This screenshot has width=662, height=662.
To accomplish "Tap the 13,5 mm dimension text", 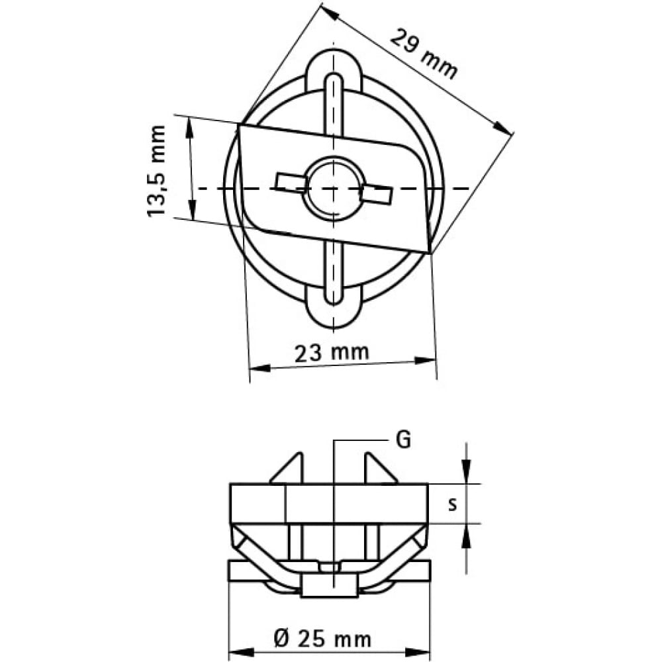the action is coord(156,171).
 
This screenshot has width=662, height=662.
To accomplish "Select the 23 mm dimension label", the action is coord(332,353).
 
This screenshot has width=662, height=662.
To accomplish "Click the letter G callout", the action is coord(403,440).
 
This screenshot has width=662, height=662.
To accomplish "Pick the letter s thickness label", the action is coord(453,504).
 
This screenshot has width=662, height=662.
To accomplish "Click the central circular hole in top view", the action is coord(334,188).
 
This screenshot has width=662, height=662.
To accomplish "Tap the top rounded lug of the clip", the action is coord(334,71).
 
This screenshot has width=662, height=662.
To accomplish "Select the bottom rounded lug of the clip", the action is coord(334,307).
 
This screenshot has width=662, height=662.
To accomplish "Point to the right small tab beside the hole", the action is coord(377,193).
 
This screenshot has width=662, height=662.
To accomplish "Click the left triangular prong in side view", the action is coord(288,468).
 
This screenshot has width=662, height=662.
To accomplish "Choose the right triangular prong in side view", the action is coord(380,468).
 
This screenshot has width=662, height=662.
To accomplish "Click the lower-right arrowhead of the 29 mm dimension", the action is coord(502,128).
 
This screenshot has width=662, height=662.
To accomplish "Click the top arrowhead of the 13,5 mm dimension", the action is coord(189,128).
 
